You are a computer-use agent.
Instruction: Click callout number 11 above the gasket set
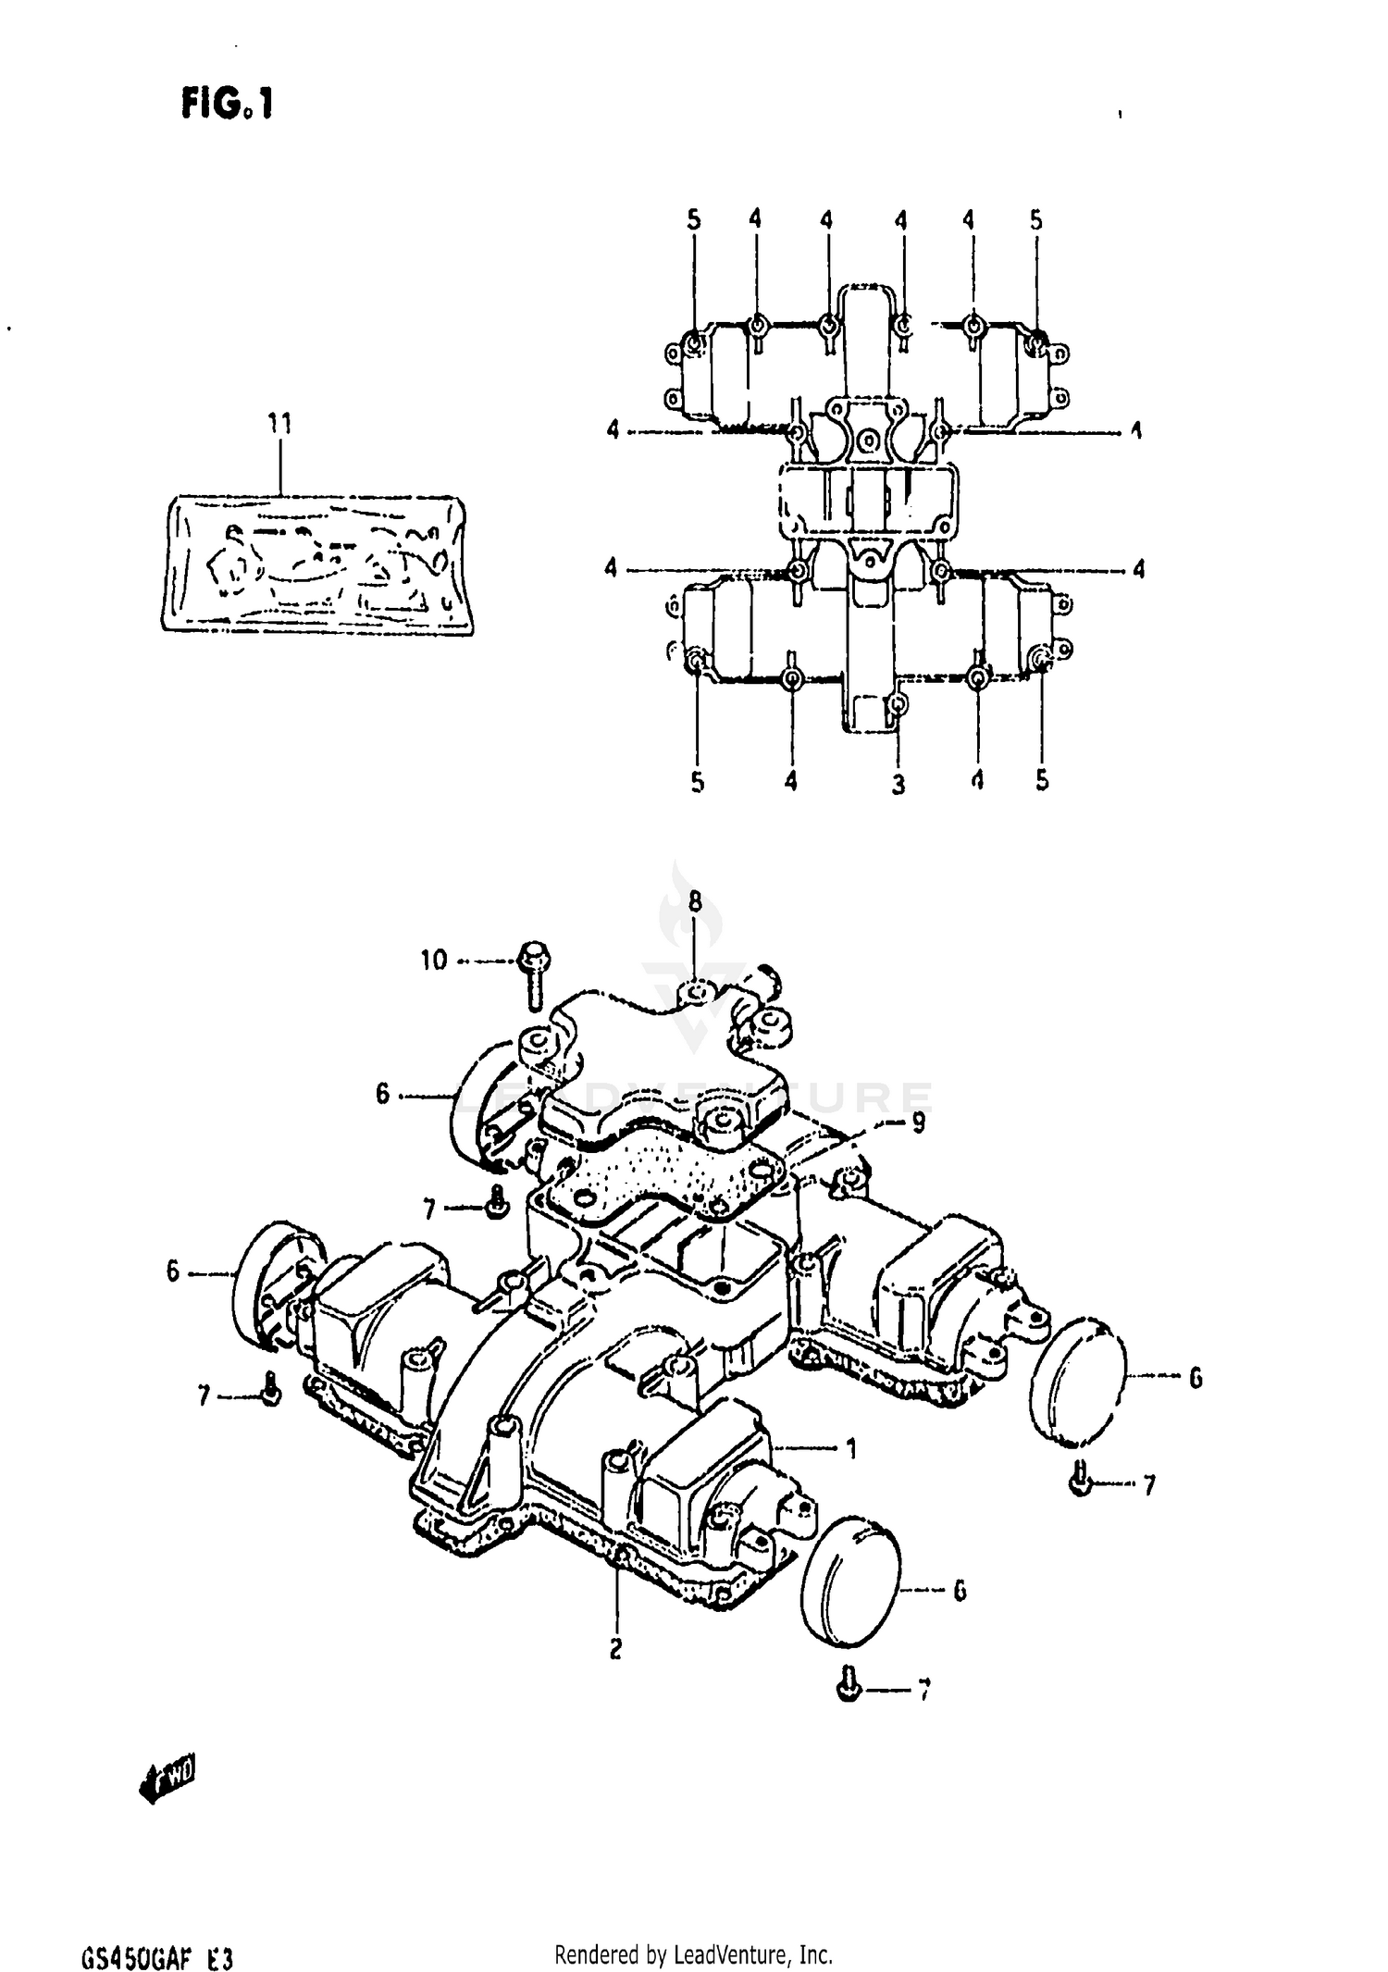[x=279, y=424]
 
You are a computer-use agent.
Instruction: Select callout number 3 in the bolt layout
[x=898, y=785]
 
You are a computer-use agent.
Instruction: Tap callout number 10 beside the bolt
[x=433, y=960]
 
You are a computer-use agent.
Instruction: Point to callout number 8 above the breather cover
[x=695, y=900]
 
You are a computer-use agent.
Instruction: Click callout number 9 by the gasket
[x=917, y=1123]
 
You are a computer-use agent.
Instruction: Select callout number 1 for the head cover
[x=851, y=1448]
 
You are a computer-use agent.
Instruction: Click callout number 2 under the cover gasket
[x=615, y=1648]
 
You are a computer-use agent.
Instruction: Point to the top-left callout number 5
[x=694, y=220]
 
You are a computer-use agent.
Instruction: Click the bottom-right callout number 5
[x=1042, y=781]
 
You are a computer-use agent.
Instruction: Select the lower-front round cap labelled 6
[x=849, y=1591]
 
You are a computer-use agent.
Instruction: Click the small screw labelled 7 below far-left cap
[x=270, y=1391]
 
